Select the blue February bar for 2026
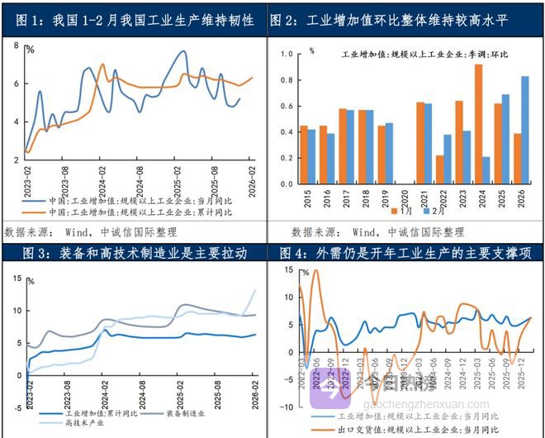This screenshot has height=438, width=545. [x=525, y=128]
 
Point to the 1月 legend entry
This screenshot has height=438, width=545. [x=400, y=212]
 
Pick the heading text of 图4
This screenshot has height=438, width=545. [x=405, y=252]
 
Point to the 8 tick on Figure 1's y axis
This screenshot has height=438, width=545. [x=17, y=45]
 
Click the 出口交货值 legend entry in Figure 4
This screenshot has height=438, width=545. [x=421, y=429]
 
